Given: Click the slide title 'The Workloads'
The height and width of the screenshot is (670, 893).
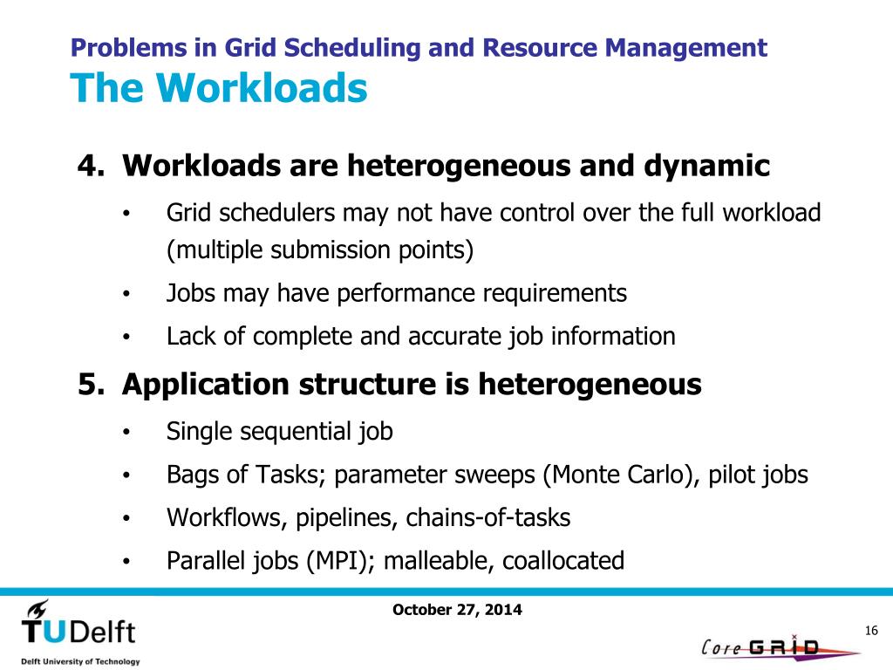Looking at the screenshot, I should coord(218,87).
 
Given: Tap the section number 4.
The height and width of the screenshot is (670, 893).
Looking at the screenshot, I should coord(86,165).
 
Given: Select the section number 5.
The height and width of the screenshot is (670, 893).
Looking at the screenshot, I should coord(86,384).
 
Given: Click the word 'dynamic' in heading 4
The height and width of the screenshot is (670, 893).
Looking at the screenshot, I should coord(707,165).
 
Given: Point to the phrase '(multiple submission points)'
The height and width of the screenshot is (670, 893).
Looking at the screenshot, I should coord(320,250).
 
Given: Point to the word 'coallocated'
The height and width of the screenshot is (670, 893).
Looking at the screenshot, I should coord(562,560).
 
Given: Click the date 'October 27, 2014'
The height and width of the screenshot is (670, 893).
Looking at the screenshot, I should coord(458,611).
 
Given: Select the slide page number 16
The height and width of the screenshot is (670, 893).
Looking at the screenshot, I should coord(869,631).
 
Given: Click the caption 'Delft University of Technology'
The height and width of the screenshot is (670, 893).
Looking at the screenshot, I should coord(80,661).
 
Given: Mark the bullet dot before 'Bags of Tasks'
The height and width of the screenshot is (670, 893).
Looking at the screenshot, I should coord(126,475).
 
